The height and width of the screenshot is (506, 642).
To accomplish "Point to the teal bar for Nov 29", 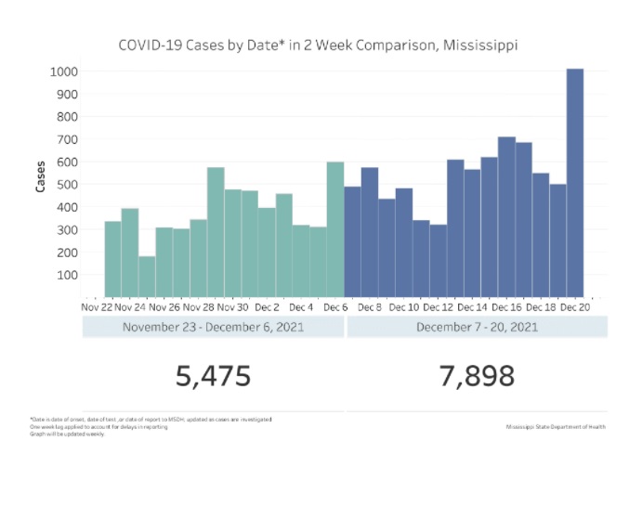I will (x=216, y=231).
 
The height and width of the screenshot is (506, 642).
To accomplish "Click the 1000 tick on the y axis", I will (x=64, y=71).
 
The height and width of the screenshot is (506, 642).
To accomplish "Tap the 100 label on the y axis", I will (x=67, y=275).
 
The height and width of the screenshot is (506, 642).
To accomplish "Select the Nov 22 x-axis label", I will (x=96, y=306).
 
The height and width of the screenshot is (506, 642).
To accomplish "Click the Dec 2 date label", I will (x=267, y=306).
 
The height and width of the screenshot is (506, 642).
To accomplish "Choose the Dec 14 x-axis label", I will (x=472, y=306).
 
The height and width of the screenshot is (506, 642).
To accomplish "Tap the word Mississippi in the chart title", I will (x=478, y=45).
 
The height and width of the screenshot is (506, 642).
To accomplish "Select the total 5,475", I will (x=213, y=376).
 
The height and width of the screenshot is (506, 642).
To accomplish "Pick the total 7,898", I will (x=477, y=376).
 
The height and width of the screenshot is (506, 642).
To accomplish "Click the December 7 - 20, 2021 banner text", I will (x=477, y=327).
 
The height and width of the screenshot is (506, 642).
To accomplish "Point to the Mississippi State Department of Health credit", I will (x=556, y=426).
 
